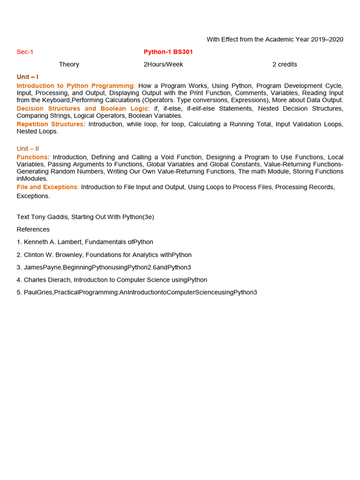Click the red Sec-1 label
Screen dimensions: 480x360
click(25, 52)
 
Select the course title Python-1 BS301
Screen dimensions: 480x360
click(168, 52)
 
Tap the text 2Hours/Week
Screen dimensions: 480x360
click(163, 64)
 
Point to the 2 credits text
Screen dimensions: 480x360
click(285, 64)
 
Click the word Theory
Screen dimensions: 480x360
click(69, 64)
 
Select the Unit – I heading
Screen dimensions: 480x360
click(28, 77)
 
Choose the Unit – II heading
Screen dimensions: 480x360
click(28, 149)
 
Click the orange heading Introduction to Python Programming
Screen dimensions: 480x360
click(75, 86)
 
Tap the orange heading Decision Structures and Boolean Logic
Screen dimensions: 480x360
click(83, 108)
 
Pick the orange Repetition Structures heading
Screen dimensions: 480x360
click(51, 124)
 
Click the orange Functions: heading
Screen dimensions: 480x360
click(33, 157)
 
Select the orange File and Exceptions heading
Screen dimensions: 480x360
click(47, 187)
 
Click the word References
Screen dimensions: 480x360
click(33, 229)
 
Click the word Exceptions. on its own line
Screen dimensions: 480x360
click(33, 196)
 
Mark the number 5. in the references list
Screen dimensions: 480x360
click(19, 292)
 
